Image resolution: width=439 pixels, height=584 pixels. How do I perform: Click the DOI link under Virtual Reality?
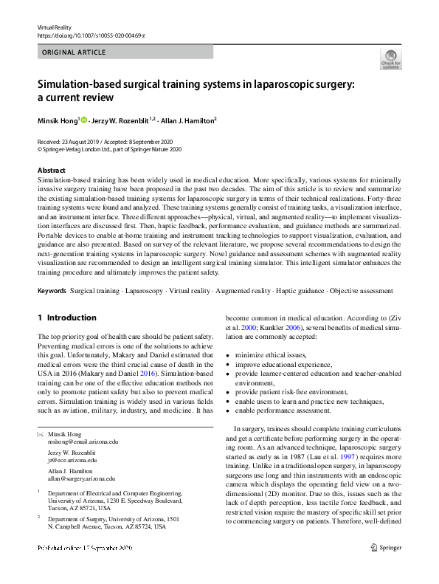click(x=91, y=35)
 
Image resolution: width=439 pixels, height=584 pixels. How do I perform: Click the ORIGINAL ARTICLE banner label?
click(x=74, y=52)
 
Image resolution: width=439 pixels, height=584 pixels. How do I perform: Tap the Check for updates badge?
click(x=390, y=59)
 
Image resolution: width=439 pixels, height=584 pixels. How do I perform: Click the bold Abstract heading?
click(x=51, y=171)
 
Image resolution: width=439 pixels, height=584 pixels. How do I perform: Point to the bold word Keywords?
click(x=52, y=291)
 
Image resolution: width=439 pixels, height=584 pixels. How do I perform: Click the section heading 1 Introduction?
click(x=67, y=318)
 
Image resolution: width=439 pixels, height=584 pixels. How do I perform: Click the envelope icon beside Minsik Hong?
click(x=40, y=434)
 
